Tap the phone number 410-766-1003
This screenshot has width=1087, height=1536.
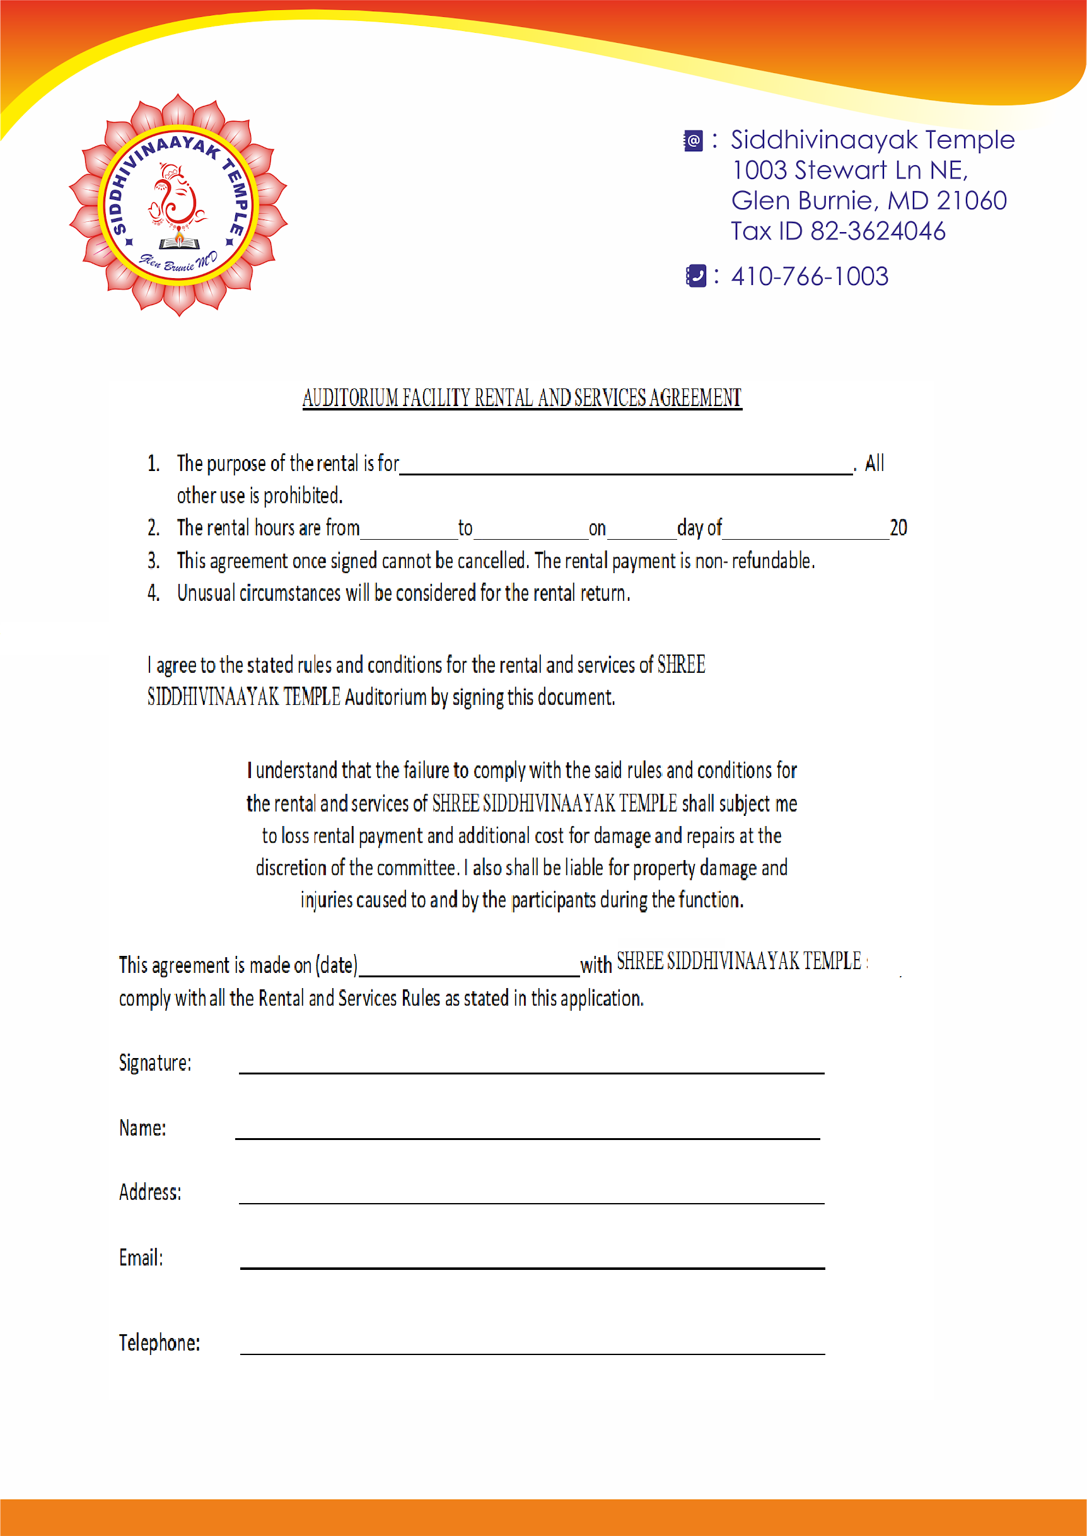pos(809,276)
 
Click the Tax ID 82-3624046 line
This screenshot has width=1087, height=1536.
pos(838,231)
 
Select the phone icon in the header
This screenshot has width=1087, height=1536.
pos(696,276)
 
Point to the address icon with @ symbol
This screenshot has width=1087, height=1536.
pos(694,141)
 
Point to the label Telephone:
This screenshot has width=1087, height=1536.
pos(160,1342)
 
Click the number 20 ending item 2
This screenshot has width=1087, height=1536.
pos(898,528)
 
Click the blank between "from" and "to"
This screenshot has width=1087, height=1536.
pos(409,535)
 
